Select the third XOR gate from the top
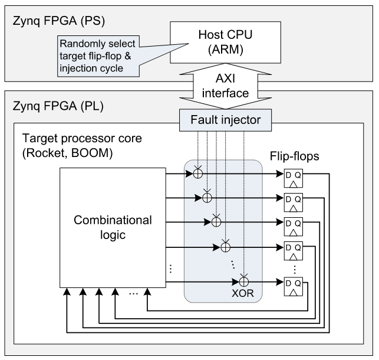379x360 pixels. coord(216,222)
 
